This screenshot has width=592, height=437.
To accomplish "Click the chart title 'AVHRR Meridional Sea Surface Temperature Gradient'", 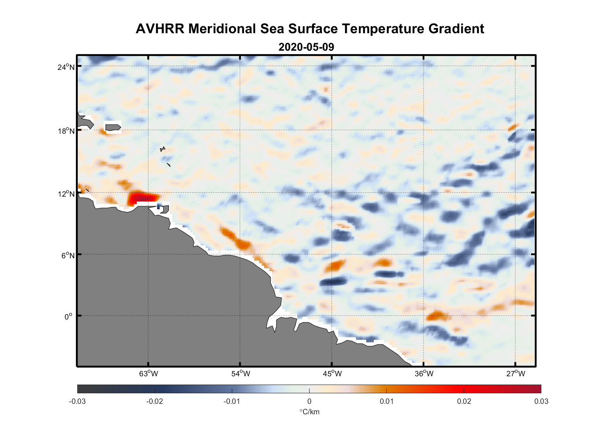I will tap(310, 29).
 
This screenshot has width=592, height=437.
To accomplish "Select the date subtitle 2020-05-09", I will tap(306, 47).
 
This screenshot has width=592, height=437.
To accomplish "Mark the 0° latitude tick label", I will tap(69, 317).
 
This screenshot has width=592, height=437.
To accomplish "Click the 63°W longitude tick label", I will tap(148, 374).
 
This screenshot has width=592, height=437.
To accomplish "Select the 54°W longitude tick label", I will tap(241, 374).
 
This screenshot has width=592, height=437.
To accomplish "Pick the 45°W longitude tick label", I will tap(332, 374).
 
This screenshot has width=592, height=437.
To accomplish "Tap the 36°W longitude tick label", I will tap(424, 374).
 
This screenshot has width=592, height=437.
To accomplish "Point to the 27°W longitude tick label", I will tap(516, 374).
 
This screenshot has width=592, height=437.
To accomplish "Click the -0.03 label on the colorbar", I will tap(77, 402).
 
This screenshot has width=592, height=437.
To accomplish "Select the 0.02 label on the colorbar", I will tap(464, 402).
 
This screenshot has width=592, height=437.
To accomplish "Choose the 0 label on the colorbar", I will tap(309, 402).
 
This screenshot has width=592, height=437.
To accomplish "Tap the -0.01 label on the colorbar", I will tap(231, 402).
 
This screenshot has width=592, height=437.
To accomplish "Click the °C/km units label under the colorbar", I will tap(309, 412).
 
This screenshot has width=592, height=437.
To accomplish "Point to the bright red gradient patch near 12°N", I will tap(142, 198).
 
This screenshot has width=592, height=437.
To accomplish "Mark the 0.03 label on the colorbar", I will tap(541, 402).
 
